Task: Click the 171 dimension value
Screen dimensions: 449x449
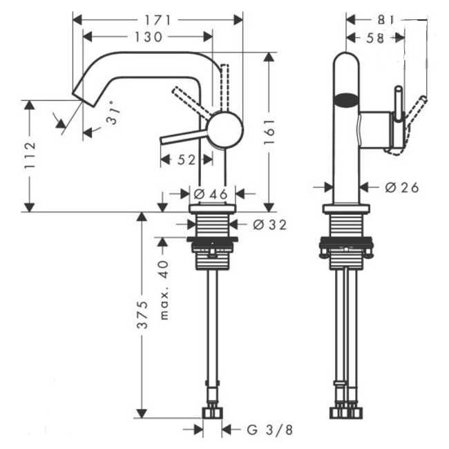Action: coord(157,20)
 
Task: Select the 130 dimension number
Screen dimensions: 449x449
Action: coord(148,37)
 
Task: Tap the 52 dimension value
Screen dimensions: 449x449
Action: coord(186,160)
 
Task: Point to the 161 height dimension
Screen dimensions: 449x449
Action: coord(269,132)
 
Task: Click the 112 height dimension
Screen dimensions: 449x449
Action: coord(30,155)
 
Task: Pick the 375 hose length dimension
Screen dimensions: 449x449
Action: coord(142,314)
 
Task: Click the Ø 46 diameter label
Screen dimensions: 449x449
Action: coord(211,194)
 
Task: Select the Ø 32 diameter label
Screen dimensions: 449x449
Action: coord(269,224)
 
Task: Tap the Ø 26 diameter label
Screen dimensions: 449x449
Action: coord(402,188)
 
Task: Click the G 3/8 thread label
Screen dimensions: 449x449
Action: coord(269,430)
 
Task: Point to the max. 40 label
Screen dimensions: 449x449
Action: coord(164,290)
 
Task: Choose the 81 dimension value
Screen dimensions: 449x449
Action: coord(386,20)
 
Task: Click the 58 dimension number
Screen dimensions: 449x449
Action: coord(375,38)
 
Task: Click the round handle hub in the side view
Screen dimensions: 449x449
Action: coord(225,130)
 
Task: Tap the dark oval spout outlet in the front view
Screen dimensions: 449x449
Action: coord(347,101)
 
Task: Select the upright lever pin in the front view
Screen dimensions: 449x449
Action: coord(399,102)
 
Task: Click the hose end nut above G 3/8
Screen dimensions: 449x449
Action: coord(212,412)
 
